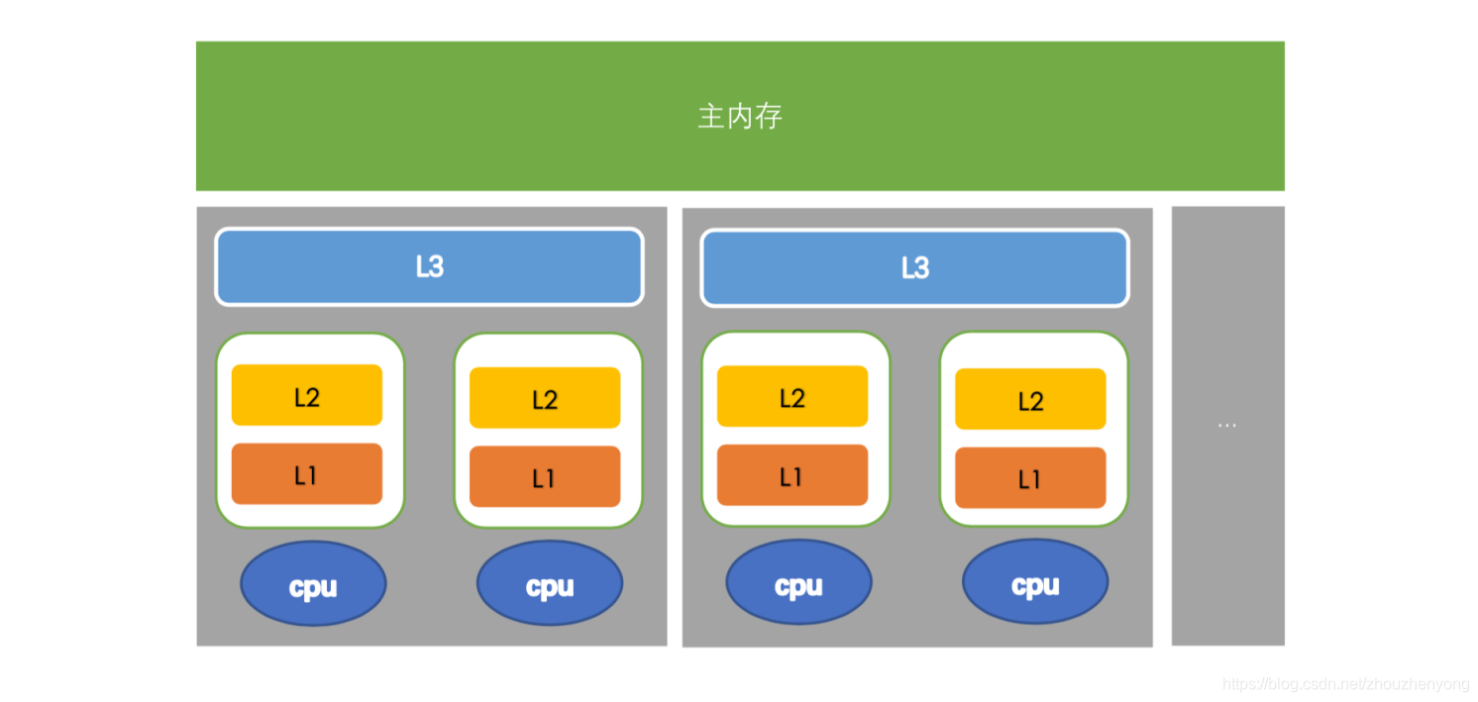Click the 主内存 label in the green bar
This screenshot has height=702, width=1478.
740,117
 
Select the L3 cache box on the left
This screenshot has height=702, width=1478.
429,267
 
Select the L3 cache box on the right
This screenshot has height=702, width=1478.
914,268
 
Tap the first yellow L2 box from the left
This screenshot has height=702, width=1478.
307,395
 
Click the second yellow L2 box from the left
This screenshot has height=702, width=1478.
545,398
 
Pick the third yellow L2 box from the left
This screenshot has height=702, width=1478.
792,396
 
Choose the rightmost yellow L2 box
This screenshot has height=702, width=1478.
1030,399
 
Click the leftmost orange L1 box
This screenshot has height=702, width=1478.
307,474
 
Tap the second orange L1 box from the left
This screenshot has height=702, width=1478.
545,477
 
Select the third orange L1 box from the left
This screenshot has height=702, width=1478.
792,475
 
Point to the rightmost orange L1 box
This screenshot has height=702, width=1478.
1030,478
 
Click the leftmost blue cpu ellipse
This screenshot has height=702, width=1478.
313,584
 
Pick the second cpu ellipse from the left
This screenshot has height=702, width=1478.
550,584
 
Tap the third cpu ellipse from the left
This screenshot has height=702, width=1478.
798,584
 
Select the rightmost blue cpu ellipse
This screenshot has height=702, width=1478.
1035,584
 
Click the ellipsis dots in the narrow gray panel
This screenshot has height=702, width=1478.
1227,426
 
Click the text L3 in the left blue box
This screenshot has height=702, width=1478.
429,267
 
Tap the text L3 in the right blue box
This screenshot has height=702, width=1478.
914,268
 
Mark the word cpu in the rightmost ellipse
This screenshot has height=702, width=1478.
1035,586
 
